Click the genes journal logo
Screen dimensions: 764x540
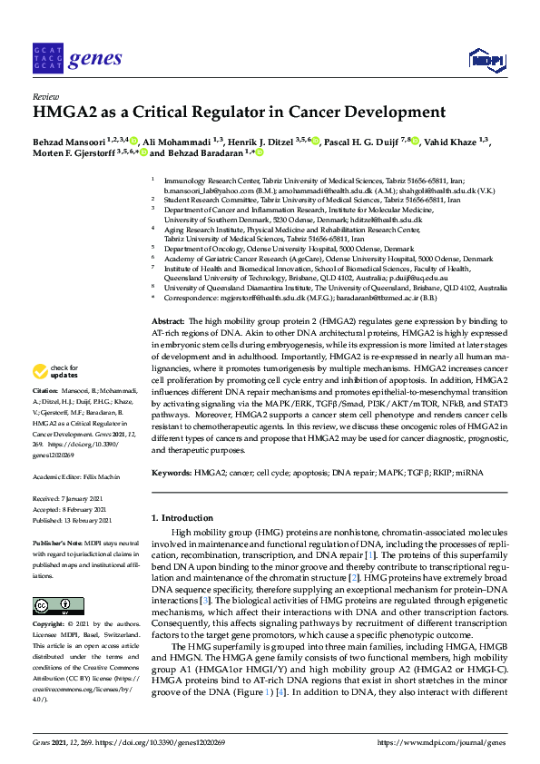point(76,59)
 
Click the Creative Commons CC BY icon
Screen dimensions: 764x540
point(58,606)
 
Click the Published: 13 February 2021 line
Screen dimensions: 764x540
point(72,521)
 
